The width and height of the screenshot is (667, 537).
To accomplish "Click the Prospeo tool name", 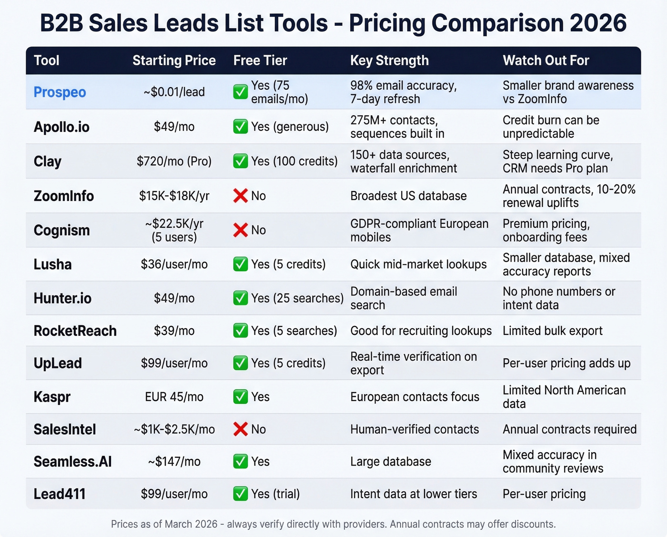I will tap(60, 92).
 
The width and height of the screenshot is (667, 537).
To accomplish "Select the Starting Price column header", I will tap(174, 61).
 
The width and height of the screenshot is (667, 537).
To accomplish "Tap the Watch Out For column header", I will tap(546, 61).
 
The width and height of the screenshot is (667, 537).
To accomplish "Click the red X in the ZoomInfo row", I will tap(241, 195).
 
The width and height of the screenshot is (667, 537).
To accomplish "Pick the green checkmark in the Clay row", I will tap(241, 161).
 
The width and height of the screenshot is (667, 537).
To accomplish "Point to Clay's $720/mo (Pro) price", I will tap(174, 161).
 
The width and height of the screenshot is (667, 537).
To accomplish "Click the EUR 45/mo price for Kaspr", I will tap(174, 397).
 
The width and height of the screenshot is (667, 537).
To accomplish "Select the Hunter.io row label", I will tap(62, 298).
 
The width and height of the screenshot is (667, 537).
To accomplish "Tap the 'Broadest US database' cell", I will tap(408, 196).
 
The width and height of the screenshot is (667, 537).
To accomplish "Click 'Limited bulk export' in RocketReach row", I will tap(552, 331).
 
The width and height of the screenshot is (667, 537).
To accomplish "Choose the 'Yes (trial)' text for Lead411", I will tap(275, 494).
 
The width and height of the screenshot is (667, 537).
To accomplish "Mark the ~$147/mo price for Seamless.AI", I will tap(174, 462).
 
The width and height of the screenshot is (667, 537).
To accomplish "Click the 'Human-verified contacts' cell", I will tap(414, 429).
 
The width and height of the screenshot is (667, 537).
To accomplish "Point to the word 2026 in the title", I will tap(598, 23).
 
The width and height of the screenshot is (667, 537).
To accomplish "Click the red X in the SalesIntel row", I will tap(241, 429).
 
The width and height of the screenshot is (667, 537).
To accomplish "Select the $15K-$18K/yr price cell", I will tap(174, 196).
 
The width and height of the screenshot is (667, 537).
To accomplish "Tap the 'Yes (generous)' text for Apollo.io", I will tap(290, 127).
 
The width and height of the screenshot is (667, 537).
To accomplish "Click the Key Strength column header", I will tap(389, 61).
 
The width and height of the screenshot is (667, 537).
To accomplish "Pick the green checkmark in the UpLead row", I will tap(241, 363).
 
